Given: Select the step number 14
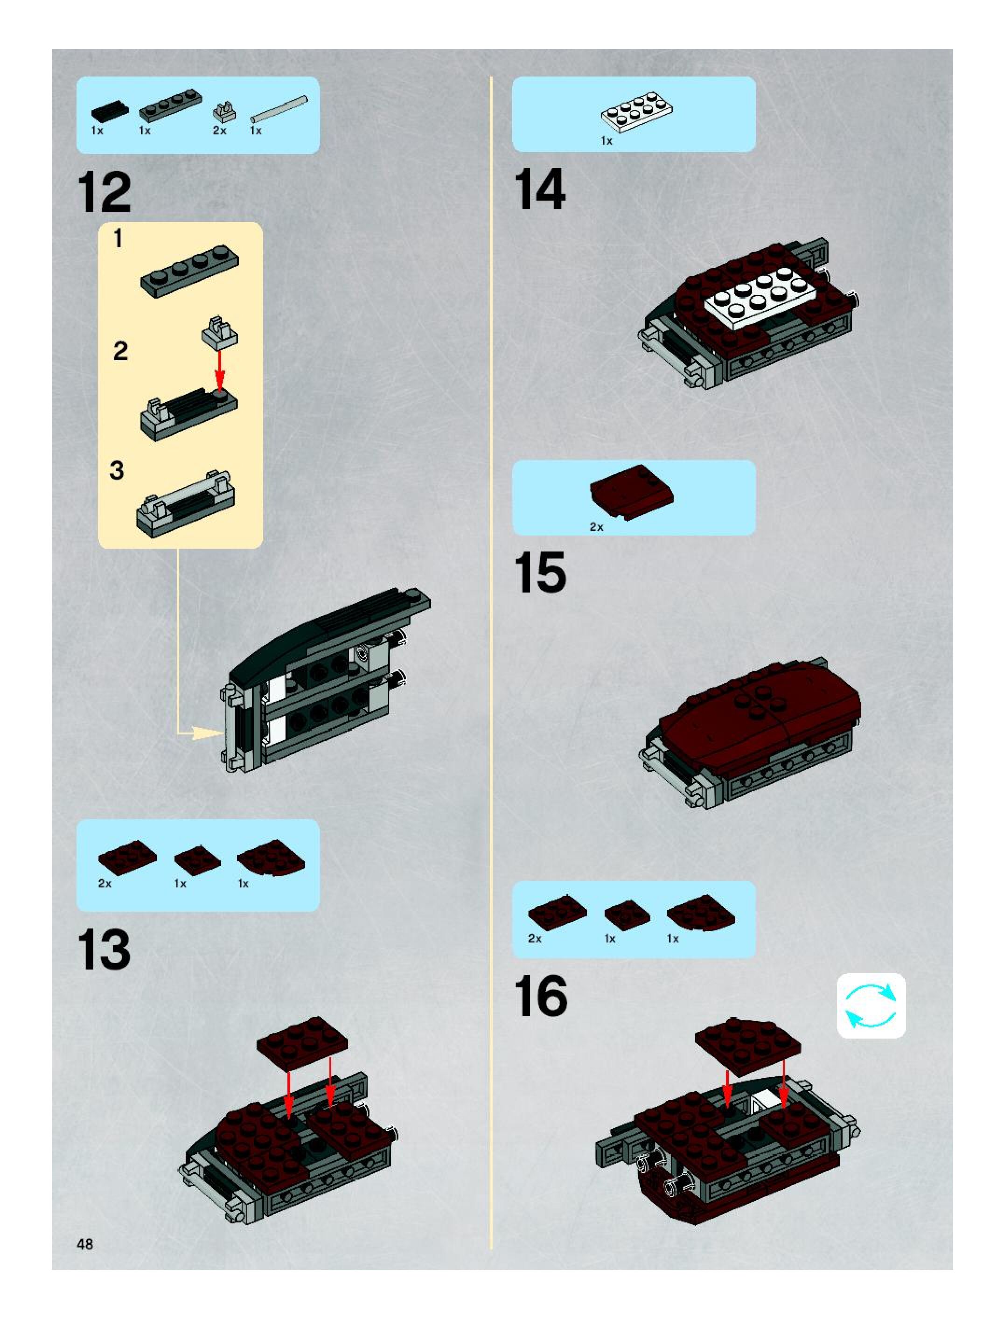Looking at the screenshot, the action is [x=539, y=189].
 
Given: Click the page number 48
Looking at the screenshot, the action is [x=85, y=1244].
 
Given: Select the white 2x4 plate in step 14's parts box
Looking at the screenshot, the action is [x=636, y=112].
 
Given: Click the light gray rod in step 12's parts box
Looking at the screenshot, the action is [x=279, y=109].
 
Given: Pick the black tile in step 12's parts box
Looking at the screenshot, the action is [x=110, y=111].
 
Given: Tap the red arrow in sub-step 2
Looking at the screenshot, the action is [x=220, y=370].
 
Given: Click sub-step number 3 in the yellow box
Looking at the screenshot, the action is [x=117, y=471].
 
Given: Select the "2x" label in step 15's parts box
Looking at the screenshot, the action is [x=596, y=527].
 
